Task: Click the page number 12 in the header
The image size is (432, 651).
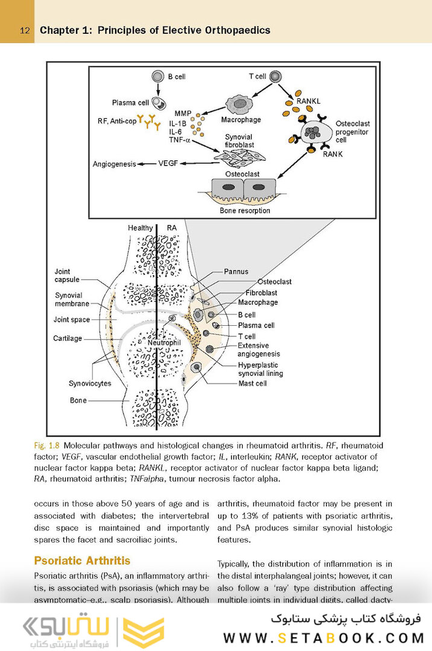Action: (25, 30)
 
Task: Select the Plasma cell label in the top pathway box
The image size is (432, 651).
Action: (132, 102)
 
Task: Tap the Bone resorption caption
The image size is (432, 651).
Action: (244, 211)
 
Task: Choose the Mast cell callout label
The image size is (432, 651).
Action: (252, 383)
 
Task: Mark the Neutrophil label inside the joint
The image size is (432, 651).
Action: (165, 343)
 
